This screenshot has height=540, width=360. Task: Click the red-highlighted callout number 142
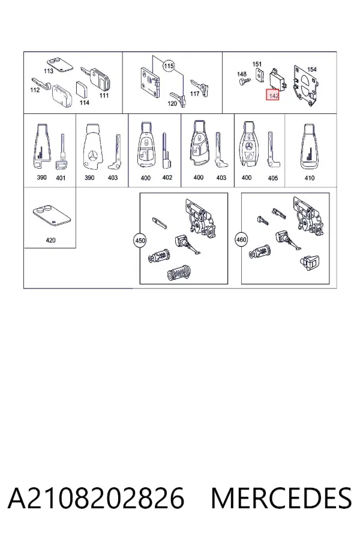tap(272, 95)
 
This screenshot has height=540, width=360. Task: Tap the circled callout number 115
tap(169, 66)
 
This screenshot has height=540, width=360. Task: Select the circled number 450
tap(140, 240)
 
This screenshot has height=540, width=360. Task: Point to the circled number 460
tap(241, 239)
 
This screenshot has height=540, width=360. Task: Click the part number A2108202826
tap(96, 498)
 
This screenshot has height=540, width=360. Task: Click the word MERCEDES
tap(281, 498)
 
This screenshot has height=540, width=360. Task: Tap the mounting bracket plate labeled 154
tap(307, 85)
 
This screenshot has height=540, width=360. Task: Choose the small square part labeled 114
tap(82, 90)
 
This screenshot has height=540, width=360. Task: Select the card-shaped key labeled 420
tap(51, 216)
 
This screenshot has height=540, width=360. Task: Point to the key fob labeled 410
tap(310, 147)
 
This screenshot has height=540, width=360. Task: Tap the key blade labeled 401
tap(61, 152)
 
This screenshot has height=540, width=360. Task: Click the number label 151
tap(257, 64)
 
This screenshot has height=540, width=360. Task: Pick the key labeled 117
tap(200, 88)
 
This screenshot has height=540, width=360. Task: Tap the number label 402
tap(167, 178)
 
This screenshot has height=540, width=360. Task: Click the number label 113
tap(49, 71)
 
